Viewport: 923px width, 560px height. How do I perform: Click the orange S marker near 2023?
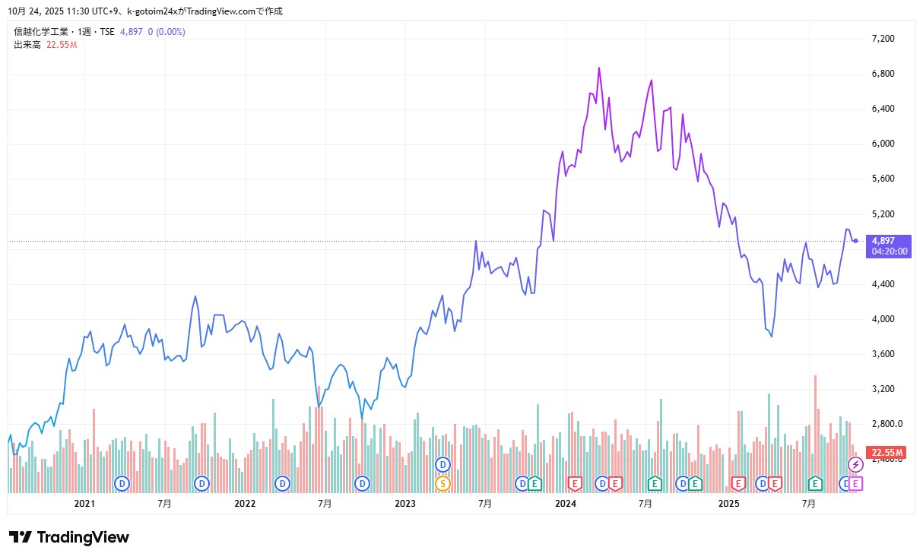click(x=442, y=482)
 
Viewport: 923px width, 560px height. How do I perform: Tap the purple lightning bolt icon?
click(x=856, y=464)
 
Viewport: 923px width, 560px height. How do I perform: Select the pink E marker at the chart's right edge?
click(x=856, y=482)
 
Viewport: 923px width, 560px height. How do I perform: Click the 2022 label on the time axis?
click(x=245, y=503)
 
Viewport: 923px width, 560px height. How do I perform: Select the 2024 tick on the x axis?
click(x=566, y=503)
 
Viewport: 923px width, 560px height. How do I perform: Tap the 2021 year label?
click(x=84, y=503)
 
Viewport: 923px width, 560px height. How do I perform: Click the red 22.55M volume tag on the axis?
click(x=887, y=453)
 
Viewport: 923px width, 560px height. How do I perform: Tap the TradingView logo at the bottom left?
click(x=69, y=537)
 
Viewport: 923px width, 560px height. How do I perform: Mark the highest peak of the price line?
click(x=599, y=68)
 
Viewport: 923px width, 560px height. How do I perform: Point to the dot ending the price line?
click(x=856, y=241)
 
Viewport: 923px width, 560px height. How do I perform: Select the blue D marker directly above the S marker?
click(x=442, y=464)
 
